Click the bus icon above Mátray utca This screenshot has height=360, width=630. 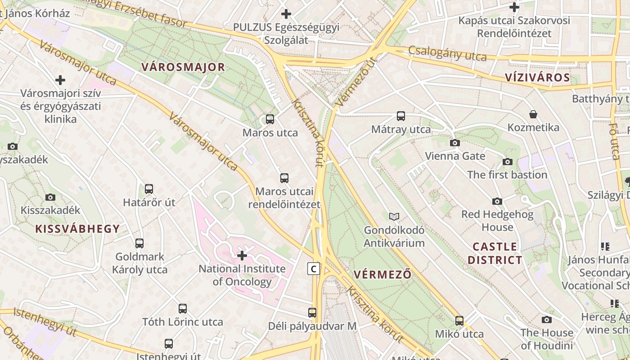click(400, 116)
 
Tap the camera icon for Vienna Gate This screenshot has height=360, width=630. click(455, 143)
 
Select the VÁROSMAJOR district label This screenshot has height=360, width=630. click(183, 67)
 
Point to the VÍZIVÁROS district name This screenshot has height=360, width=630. click(537, 77)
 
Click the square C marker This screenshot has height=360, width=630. click(314, 269)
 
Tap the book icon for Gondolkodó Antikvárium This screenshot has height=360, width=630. click(394, 216)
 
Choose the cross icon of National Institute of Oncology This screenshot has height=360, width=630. click(242, 256)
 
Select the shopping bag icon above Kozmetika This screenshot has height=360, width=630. click(533, 114)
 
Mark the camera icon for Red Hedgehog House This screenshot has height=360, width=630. click(497, 201)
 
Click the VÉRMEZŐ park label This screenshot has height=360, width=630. click(382, 274)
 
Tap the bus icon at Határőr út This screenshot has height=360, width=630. click(149, 189)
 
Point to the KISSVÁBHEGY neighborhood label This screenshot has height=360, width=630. click(77, 229)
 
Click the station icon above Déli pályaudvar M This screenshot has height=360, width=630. click(312, 312)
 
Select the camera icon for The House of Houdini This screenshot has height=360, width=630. click(547, 320)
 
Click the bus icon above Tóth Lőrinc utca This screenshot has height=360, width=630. click(182, 309)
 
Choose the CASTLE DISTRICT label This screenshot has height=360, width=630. click(495, 253)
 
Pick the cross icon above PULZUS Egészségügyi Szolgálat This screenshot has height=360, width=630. click(286, 14)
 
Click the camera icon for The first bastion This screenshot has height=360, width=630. click(508, 162)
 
